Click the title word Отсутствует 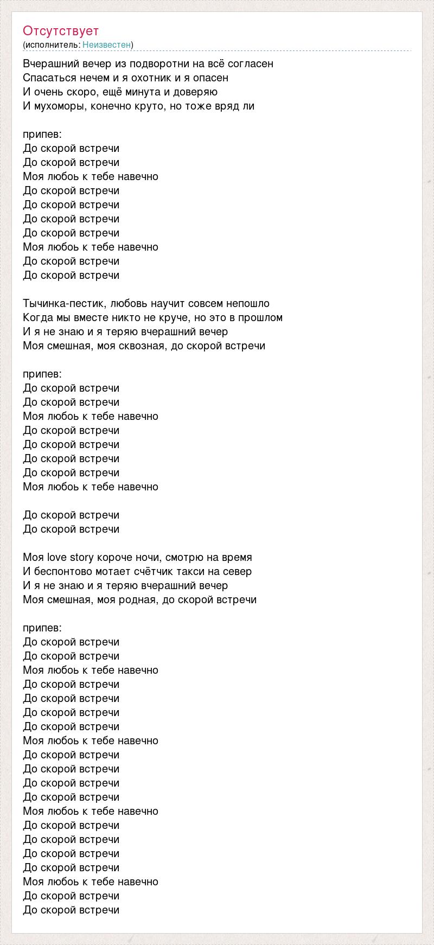[x=61, y=31]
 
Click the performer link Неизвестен [x=107, y=44]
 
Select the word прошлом [x=262, y=318]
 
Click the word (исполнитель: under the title [x=52, y=44]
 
